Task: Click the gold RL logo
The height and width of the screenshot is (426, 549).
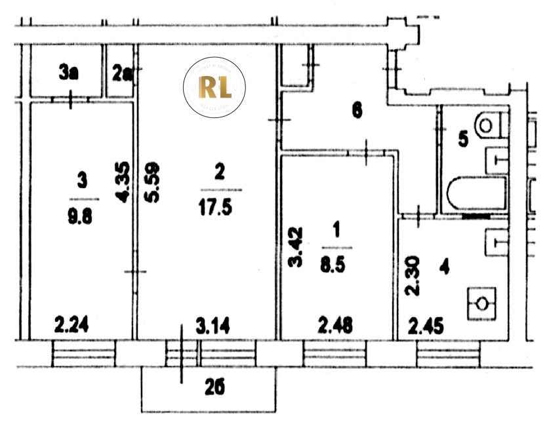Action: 214,87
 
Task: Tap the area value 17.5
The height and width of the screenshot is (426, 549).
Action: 219,208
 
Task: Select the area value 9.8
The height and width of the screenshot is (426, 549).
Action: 83,216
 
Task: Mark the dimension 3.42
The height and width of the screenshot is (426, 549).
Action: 296,246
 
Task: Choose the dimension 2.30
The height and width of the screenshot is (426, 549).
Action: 412,276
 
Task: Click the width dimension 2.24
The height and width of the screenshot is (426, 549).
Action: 71,324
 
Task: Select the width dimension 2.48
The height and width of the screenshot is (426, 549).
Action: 335,324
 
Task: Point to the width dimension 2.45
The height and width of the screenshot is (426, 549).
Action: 425,324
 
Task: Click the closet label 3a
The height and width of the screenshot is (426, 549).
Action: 69,73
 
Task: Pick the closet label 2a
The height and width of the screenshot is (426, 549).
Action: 122,73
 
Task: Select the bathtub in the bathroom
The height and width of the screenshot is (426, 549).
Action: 477,195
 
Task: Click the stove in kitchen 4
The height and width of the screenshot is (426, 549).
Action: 483,303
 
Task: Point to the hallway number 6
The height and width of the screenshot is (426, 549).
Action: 357,110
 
